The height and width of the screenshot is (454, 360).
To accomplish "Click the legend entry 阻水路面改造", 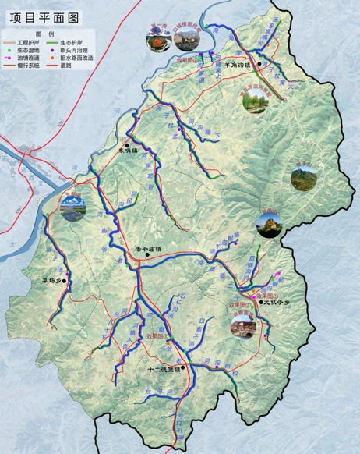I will coord(78,58).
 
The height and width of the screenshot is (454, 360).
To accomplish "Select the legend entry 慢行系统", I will coord(26,66).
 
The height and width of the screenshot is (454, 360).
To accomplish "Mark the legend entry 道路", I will coord(69,66).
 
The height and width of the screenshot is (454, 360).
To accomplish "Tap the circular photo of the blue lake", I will coord(72,206).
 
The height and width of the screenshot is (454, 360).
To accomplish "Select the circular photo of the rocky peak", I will coord(270,225).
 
